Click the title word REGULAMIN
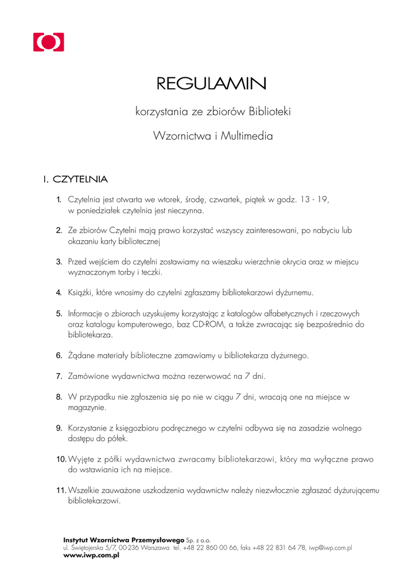(212, 85)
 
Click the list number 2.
(59, 230)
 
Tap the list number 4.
(59, 293)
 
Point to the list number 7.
(59, 377)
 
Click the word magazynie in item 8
(87, 408)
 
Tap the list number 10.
(61, 459)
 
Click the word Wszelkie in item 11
(84, 491)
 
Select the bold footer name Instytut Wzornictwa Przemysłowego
(123, 540)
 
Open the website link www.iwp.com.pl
(91, 555)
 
